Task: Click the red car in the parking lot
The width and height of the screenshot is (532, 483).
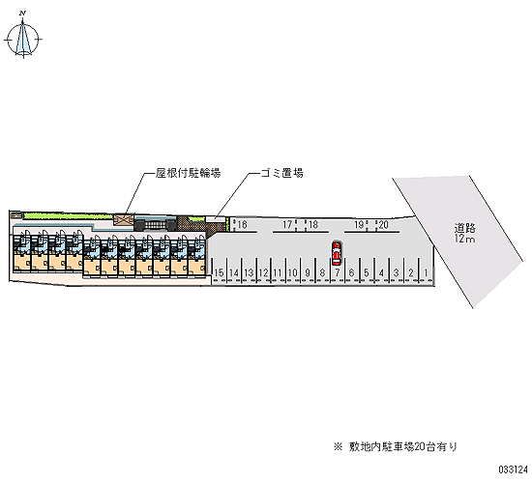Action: (x=337, y=253)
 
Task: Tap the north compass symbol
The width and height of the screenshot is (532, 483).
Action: (x=23, y=38)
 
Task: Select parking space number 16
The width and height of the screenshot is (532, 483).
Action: (x=242, y=225)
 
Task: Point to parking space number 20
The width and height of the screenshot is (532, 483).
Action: (x=384, y=225)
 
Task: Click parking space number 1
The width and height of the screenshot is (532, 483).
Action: (x=427, y=272)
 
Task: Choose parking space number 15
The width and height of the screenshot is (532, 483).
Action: (x=220, y=272)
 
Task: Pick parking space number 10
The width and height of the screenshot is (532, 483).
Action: (x=292, y=272)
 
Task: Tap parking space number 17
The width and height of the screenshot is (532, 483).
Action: (x=287, y=225)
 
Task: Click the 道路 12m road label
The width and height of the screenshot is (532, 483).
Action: (x=465, y=233)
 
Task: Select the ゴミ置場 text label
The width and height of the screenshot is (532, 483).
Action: (x=281, y=173)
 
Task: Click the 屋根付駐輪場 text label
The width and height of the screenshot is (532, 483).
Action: (x=189, y=173)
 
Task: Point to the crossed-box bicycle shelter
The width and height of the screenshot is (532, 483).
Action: (x=124, y=219)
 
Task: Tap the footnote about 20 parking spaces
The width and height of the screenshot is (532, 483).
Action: (x=396, y=446)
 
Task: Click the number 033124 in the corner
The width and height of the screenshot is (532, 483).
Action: (x=513, y=469)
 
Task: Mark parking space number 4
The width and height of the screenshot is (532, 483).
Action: (x=382, y=272)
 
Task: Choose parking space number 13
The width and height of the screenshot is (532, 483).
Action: (x=249, y=272)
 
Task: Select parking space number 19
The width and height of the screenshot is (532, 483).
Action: (x=359, y=225)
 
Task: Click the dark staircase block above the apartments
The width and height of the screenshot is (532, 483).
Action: (x=156, y=225)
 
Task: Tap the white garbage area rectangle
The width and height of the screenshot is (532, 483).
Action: (x=216, y=219)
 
